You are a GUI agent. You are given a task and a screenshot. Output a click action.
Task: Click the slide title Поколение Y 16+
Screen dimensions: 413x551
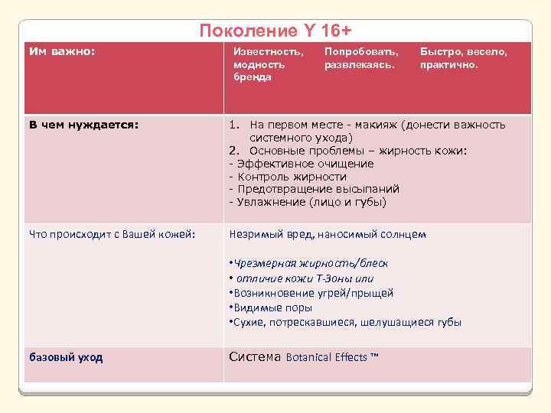[x=275, y=31]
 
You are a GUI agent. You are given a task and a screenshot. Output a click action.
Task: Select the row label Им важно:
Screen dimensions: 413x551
[x=62, y=52]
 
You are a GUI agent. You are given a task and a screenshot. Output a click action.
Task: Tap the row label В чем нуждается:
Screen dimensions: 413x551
[x=83, y=125]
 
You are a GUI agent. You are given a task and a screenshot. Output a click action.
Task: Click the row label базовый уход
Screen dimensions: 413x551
[x=66, y=357]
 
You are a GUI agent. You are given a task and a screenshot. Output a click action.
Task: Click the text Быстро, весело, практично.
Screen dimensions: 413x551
[x=463, y=58]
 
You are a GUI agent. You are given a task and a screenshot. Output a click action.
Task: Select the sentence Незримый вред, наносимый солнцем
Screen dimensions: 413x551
[x=327, y=234]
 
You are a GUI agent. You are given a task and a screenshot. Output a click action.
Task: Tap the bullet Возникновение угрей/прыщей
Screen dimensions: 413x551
[x=313, y=293]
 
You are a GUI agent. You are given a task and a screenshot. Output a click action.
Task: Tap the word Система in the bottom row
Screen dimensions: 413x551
[x=255, y=356]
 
